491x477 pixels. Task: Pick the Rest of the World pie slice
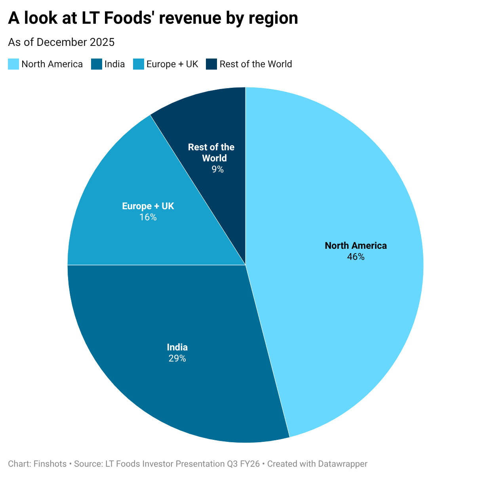pos(214,119)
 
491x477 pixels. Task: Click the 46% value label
pos(356,257)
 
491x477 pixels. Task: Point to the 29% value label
pos(177,359)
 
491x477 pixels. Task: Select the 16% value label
pos(148,217)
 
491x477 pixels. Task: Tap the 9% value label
pos(217,169)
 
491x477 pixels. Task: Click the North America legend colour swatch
pos(13,64)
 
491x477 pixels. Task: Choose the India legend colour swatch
pos(97,64)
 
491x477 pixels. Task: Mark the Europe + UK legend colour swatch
pos(138,64)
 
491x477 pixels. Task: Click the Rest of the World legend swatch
pos(211,64)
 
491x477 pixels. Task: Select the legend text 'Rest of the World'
pos(256,64)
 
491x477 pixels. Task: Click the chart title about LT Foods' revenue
pos(153,18)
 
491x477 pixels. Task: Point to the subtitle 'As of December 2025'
pos(61,42)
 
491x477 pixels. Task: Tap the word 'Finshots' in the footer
pos(50,464)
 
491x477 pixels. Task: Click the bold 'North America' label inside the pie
pos(356,246)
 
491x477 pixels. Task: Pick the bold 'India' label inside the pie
pos(177,347)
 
